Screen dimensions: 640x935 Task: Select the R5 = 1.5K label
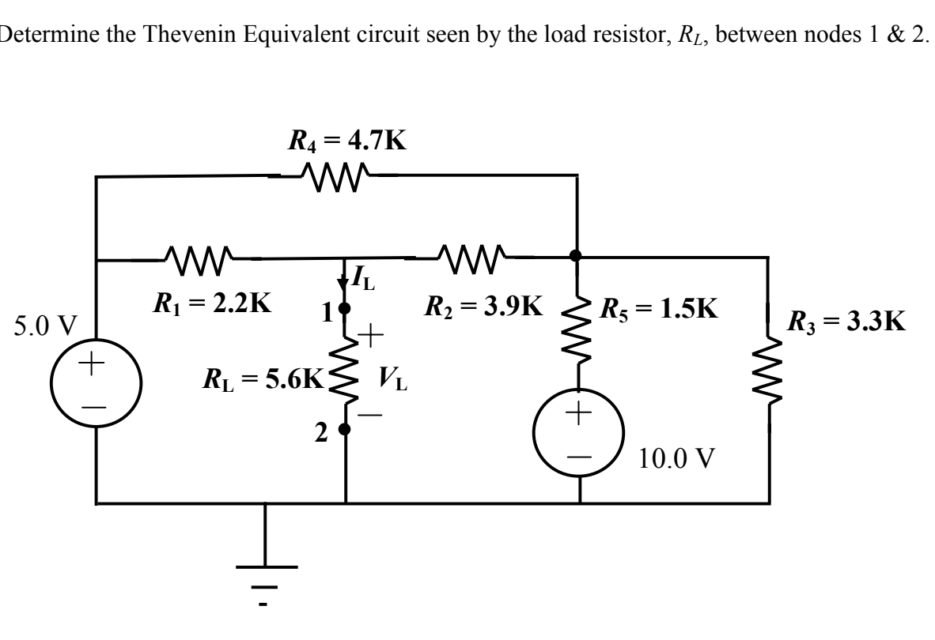click(x=660, y=307)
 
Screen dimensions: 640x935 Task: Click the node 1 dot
click(x=345, y=307)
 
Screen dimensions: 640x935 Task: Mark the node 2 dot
click(x=345, y=429)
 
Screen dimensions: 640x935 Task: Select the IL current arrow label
click(x=357, y=277)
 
